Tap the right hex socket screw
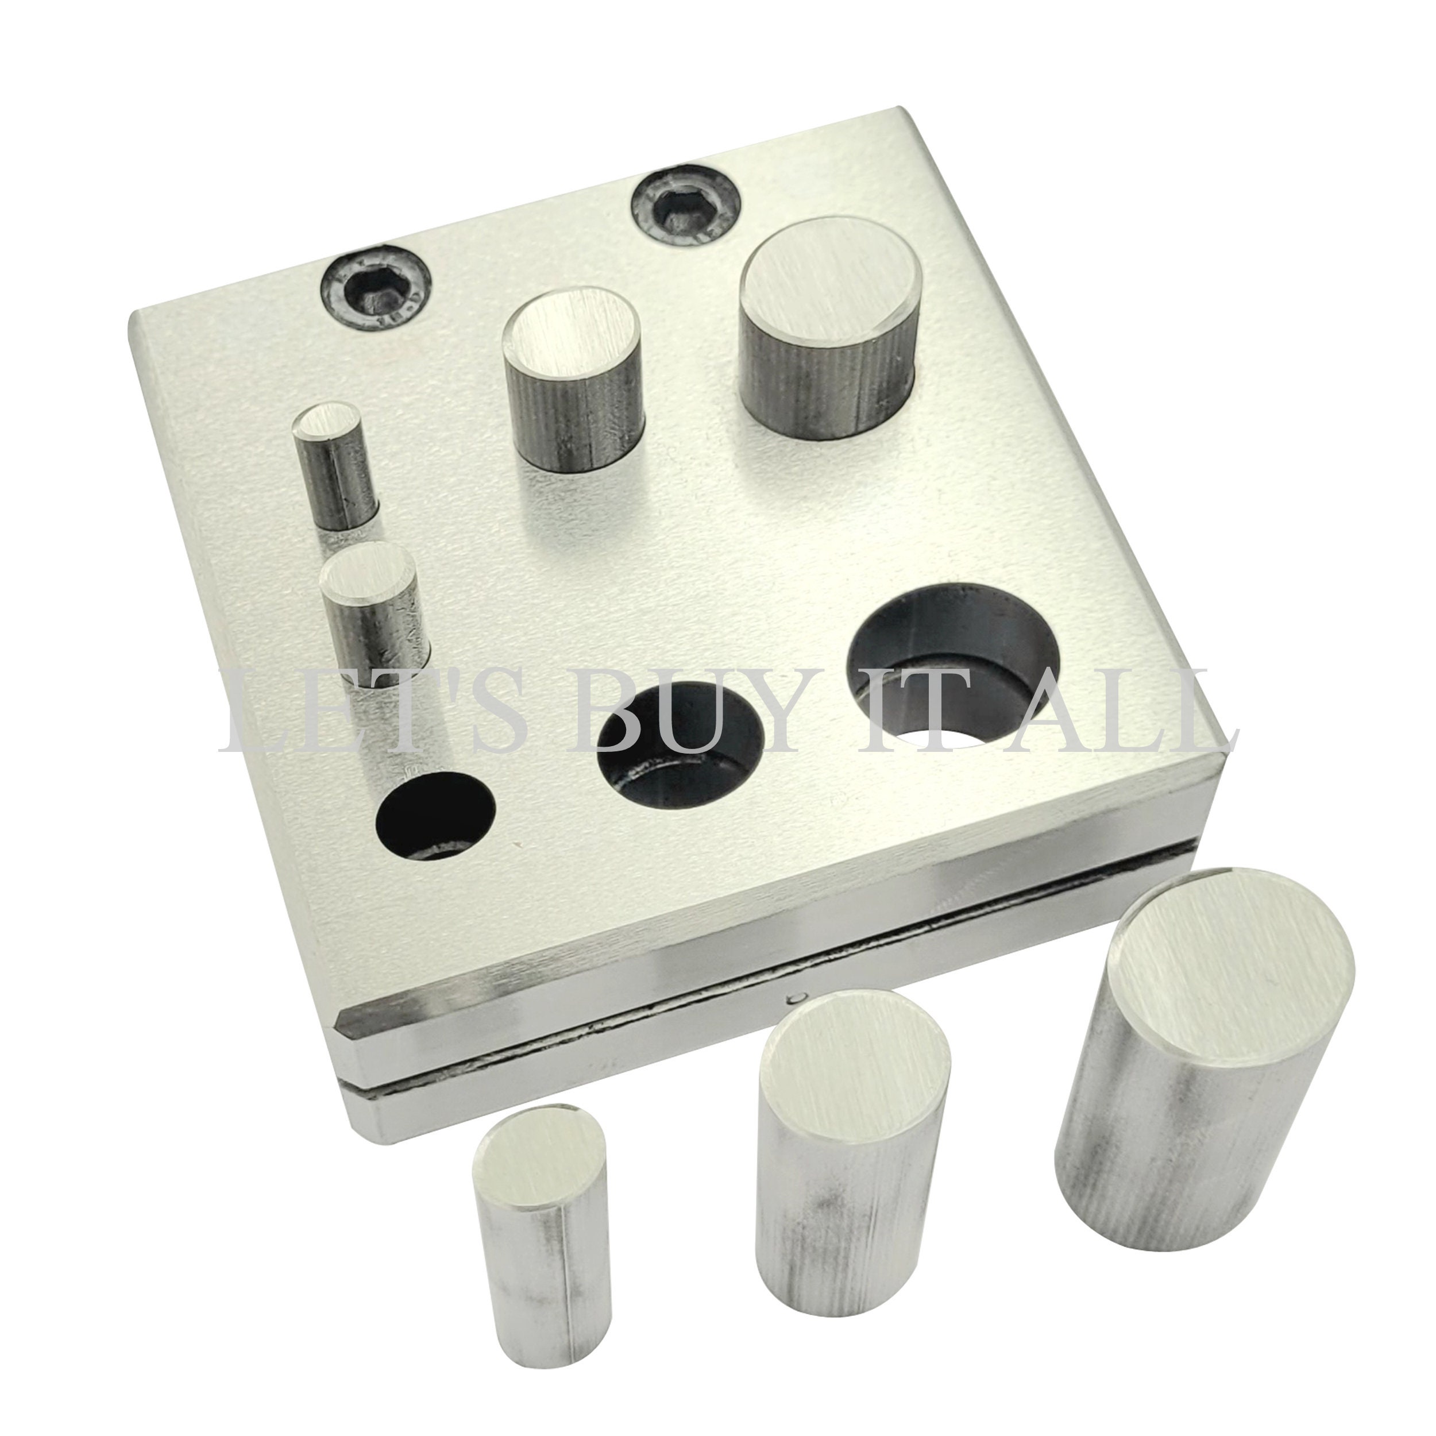click(x=685, y=204)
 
